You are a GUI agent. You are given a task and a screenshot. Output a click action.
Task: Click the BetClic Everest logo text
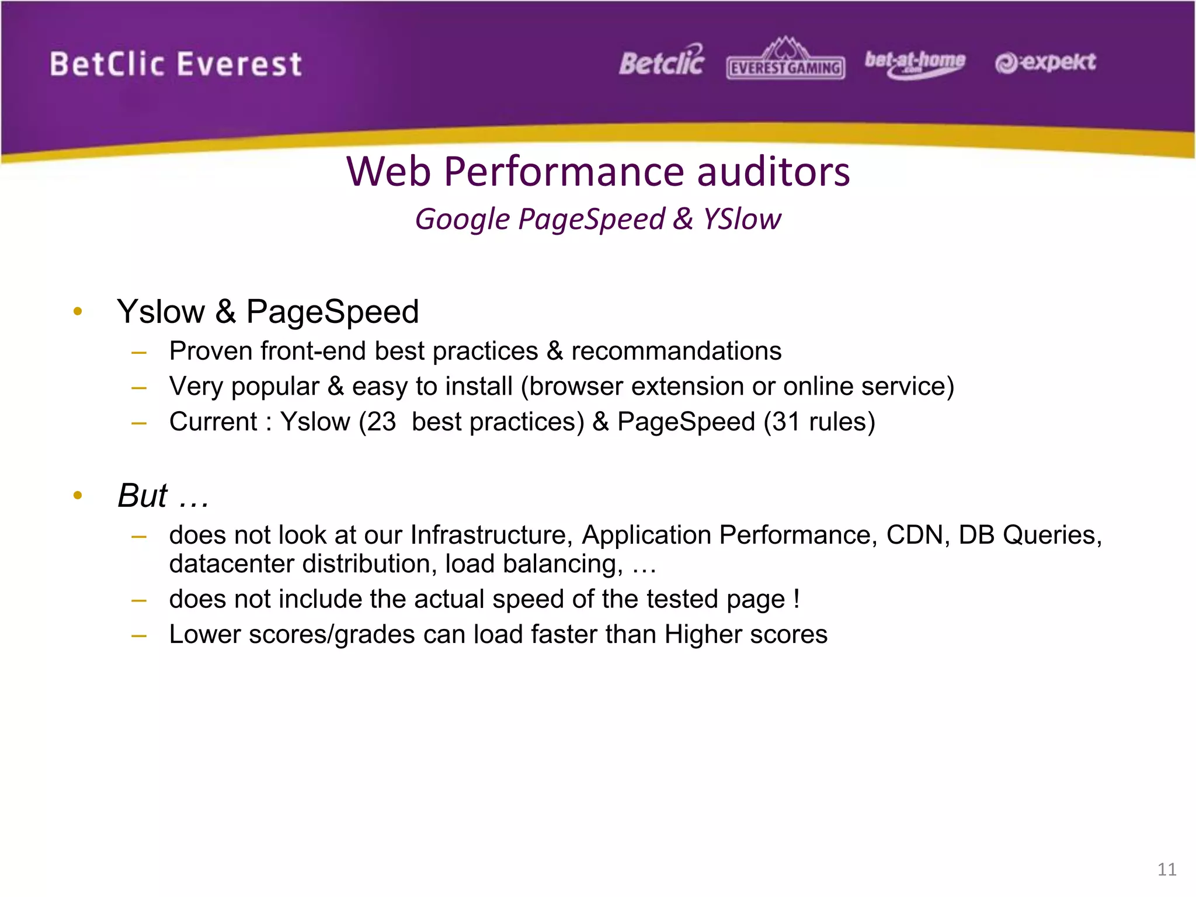pyautogui.click(x=176, y=64)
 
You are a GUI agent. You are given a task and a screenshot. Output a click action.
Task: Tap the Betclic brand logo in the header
pyautogui.click(x=662, y=62)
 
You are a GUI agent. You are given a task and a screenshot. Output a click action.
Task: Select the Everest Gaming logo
pyautogui.click(x=785, y=61)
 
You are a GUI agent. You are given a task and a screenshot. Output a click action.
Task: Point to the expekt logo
pyautogui.click(x=1045, y=62)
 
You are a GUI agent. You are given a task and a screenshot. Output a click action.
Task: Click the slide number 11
pyautogui.click(x=1167, y=870)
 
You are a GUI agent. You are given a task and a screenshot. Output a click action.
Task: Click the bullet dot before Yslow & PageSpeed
pyautogui.click(x=78, y=311)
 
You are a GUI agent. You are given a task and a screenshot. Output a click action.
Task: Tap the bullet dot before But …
pyautogui.click(x=78, y=496)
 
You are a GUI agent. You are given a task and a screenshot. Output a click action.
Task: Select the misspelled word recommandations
pyautogui.click(x=676, y=352)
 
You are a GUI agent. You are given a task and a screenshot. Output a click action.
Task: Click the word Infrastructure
pyautogui.click(x=488, y=535)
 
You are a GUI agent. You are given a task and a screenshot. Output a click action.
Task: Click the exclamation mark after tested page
pyautogui.click(x=797, y=599)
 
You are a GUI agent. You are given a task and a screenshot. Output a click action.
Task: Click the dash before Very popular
pyautogui.click(x=139, y=387)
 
